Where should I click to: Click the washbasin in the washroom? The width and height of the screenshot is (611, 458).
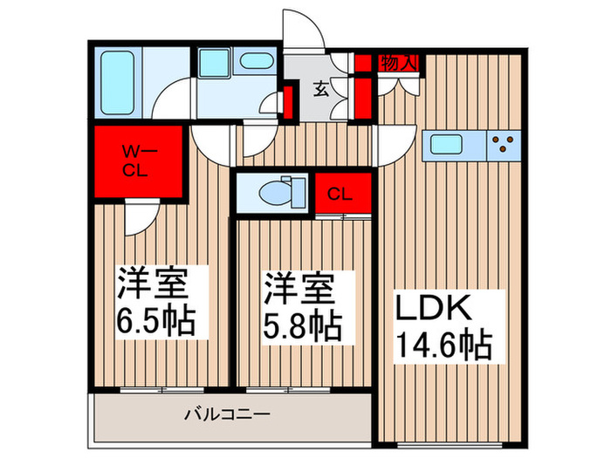pos(256,63)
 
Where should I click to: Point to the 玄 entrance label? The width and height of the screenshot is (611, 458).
pos(321,89)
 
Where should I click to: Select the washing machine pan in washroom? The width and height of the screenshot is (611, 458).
pos(213,63)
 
